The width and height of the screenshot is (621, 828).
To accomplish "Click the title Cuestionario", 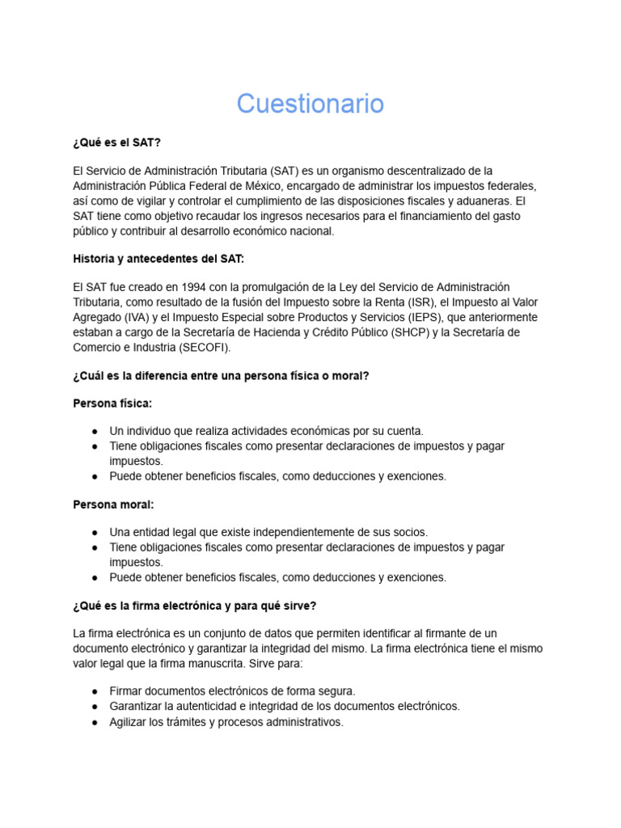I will (310, 104).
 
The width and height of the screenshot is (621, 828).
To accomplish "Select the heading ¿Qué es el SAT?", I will (116, 142).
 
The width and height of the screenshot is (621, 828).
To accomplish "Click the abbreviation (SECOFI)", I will (203, 348).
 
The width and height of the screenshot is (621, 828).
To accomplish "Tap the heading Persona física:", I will (112, 403).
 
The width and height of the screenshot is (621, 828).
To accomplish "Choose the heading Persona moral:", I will (113, 504).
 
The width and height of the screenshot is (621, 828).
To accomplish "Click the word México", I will (261, 186).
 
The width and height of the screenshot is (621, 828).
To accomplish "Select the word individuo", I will (154, 431).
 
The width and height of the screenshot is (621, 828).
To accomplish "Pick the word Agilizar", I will (130, 722).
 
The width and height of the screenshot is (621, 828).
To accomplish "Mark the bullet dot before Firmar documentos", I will (95, 692).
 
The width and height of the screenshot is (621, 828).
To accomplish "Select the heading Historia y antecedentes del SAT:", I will (158, 259).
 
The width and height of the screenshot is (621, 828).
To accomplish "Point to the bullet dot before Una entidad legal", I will (95, 533).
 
